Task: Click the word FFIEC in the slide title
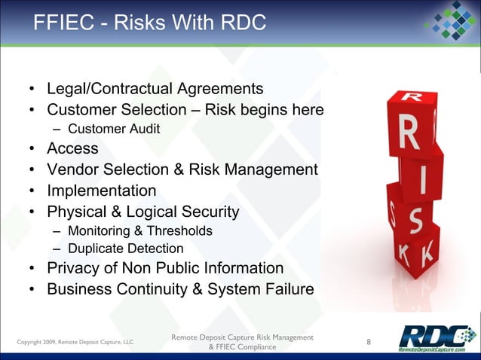click(62, 23)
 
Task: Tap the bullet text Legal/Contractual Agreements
click(155, 90)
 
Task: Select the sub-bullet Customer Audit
click(113, 129)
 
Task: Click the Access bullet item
click(72, 148)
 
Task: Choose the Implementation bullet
click(101, 191)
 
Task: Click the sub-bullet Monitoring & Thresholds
click(139, 230)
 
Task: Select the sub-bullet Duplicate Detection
click(125, 249)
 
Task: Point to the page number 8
click(368, 342)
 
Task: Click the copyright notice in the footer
click(75, 343)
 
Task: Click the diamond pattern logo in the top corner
click(450, 23)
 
